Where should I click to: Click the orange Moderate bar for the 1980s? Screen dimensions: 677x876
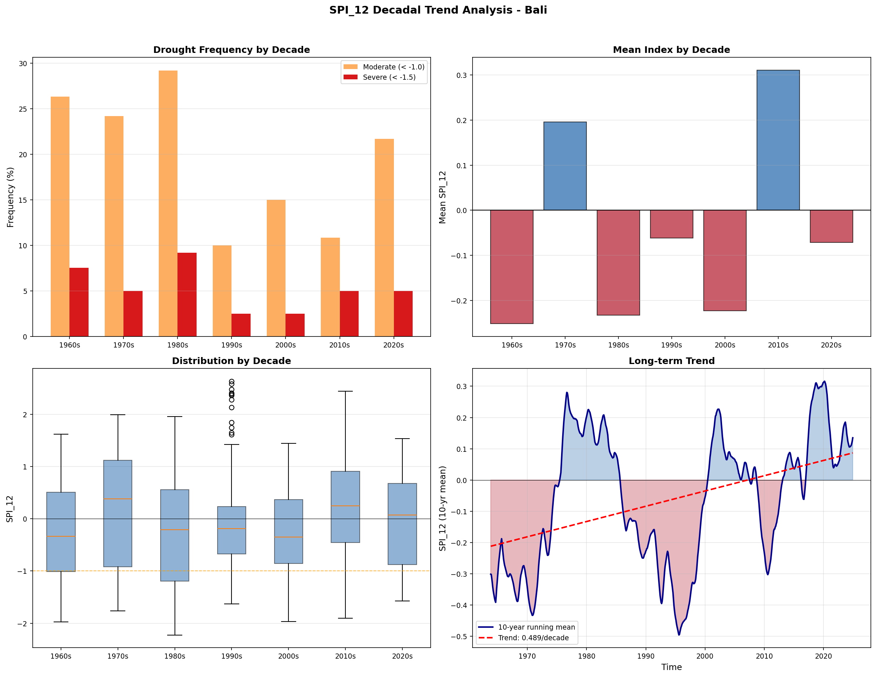tap(168, 204)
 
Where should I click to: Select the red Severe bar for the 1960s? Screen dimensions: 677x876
tap(79, 302)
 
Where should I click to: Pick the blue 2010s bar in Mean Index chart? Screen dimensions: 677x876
tap(778, 140)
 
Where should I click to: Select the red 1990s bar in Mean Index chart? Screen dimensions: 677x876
tap(671, 224)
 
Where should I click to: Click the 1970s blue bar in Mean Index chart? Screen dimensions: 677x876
tap(565, 166)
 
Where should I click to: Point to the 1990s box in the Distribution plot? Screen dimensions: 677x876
tap(231, 530)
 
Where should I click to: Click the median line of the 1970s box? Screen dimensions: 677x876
tap(118, 499)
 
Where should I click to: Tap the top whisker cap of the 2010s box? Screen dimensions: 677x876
tap(345, 391)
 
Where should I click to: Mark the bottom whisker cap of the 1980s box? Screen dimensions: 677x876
tap(175, 635)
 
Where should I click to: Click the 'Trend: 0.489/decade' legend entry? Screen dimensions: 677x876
tap(533, 638)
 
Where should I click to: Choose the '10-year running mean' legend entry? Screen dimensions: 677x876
tap(536, 627)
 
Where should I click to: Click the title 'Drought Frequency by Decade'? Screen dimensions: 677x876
tap(231, 50)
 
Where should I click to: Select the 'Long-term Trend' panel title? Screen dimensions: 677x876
tap(671, 361)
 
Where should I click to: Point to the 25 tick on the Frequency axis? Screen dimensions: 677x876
tap(23, 109)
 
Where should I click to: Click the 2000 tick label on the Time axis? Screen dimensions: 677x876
tap(705, 656)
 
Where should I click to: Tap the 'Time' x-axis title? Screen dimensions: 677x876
tap(671, 667)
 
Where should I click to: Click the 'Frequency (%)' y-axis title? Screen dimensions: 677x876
tap(10, 197)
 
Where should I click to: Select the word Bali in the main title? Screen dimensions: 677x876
tap(535, 10)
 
